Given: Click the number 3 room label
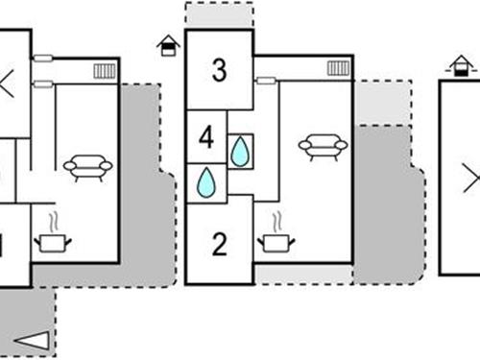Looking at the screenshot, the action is (220, 70).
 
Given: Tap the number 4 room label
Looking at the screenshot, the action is (205, 136).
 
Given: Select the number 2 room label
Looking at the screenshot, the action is (219, 244).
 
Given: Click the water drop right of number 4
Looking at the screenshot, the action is (239, 151).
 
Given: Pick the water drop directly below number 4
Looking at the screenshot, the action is (206, 182).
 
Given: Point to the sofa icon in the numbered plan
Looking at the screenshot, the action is (323, 146).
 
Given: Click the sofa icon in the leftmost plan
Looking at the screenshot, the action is (87, 169).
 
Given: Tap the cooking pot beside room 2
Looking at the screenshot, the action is (276, 242).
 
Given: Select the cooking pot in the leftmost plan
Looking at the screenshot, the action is (52, 242).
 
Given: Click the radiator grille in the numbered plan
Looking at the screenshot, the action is (338, 68).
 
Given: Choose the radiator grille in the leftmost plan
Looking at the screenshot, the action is (105, 71).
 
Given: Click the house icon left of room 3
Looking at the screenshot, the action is (168, 46).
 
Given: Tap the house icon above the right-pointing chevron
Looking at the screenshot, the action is (462, 64).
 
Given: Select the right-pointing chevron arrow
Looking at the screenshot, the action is (470, 178).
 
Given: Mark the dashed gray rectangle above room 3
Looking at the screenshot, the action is (219, 15).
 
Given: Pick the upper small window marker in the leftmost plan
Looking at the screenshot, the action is (42, 59).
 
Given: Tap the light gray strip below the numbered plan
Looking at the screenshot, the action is (302, 274).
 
